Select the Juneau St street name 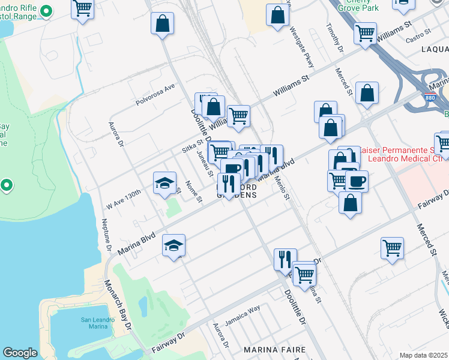[x=205, y=163]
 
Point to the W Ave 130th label [x=124, y=196]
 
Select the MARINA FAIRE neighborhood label [x=274, y=349]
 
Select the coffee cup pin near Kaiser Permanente [x=357, y=181]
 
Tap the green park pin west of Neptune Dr [x=7, y=185]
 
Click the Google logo [x=20, y=353]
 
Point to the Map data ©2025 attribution [x=423, y=355]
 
